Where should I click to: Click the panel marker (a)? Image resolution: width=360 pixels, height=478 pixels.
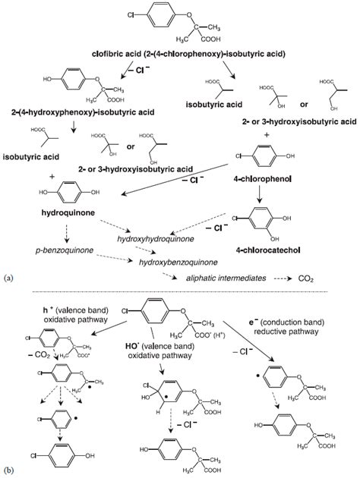tap(8, 278)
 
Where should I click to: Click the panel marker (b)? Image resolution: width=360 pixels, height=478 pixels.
tap(8, 471)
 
